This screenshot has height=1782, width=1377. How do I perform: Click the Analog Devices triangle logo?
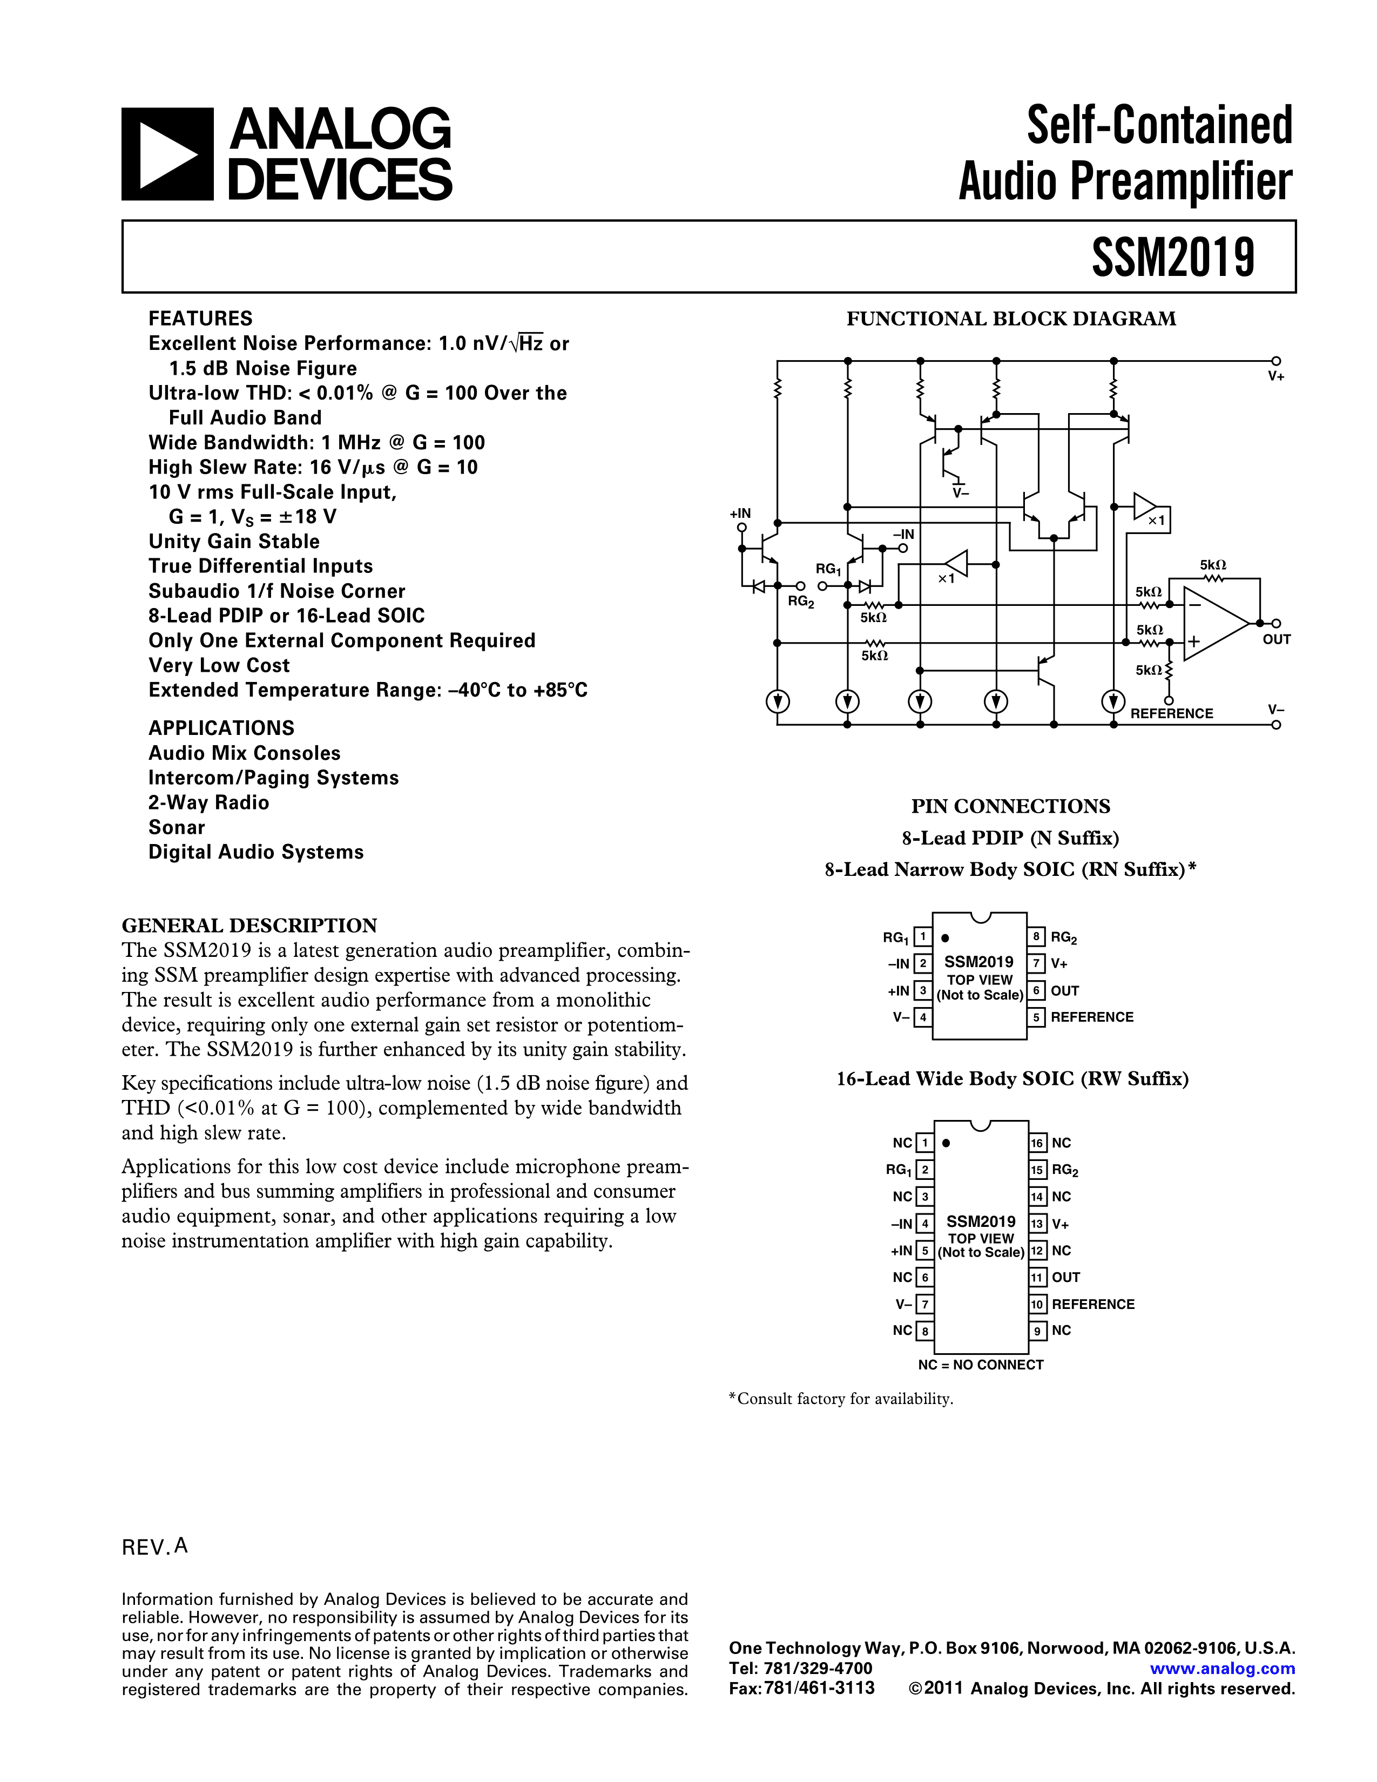coord(167,154)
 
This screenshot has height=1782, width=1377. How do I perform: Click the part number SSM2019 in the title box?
coord(1172,257)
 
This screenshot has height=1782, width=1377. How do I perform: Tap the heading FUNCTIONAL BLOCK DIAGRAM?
coord(1011,319)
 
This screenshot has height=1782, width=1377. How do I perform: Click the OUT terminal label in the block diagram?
coord(1276,640)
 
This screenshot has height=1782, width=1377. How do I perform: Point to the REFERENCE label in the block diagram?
coord(1171,714)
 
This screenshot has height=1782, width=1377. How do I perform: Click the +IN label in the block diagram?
coord(740,513)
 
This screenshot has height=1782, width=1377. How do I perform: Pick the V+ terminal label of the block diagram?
coord(1276,377)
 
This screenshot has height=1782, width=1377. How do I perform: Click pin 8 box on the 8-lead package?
coord(1036,937)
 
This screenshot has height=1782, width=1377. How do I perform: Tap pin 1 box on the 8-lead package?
coord(923,937)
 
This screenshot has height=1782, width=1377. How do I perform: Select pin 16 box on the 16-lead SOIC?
coord(1037,1143)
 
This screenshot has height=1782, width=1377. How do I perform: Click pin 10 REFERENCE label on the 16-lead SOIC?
coord(1093,1305)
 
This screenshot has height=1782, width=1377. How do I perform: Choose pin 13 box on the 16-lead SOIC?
coord(1037,1224)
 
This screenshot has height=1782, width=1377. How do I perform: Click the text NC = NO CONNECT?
coord(981,1365)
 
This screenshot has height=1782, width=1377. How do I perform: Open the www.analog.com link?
coord(1222,1669)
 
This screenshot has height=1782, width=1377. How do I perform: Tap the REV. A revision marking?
coord(155,1547)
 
